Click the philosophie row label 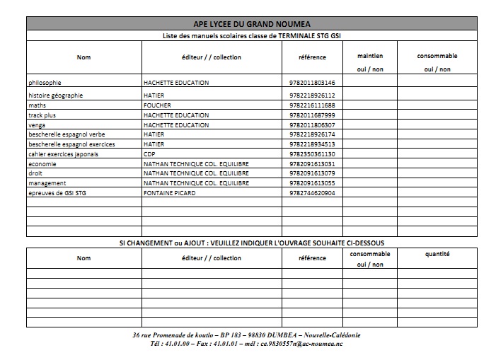pyautogui.click(x=45, y=83)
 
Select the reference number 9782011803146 pyautogui.click(x=312, y=83)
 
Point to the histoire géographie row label pyautogui.click(x=55, y=95)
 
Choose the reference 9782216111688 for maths pyautogui.click(x=312, y=105)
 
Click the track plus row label pyautogui.click(x=42, y=115)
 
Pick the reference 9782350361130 pyautogui.click(x=312, y=153)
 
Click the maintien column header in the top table pyautogui.click(x=369, y=55)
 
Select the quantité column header pyautogui.click(x=437, y=253)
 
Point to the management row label pyautogui.click(x=47, y=183)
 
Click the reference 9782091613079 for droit pyautogui.click(x=312, y=173)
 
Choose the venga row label pyautogui.click(x=37, y=124)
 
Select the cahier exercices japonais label pyautogui.click(x=63, y=153)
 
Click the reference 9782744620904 pyautogui.click(x=312, y=193)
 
